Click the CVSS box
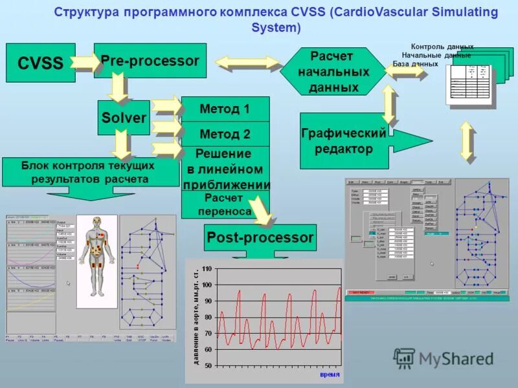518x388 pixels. [40, 63]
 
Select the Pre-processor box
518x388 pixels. [150, 61]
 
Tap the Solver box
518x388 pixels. [124, 117]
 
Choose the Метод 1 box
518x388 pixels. [225, 109]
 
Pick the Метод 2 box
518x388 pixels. [225, 135]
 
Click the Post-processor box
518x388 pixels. [260, 238]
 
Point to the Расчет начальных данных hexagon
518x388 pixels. [333, 71]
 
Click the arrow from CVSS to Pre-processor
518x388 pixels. [84, 62]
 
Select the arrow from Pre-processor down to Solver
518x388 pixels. [117, 87]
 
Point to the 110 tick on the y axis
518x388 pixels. [207, 268]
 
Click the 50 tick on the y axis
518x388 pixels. [207, 365]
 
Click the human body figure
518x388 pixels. [97, 249]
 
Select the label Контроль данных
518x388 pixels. [442, 47]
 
